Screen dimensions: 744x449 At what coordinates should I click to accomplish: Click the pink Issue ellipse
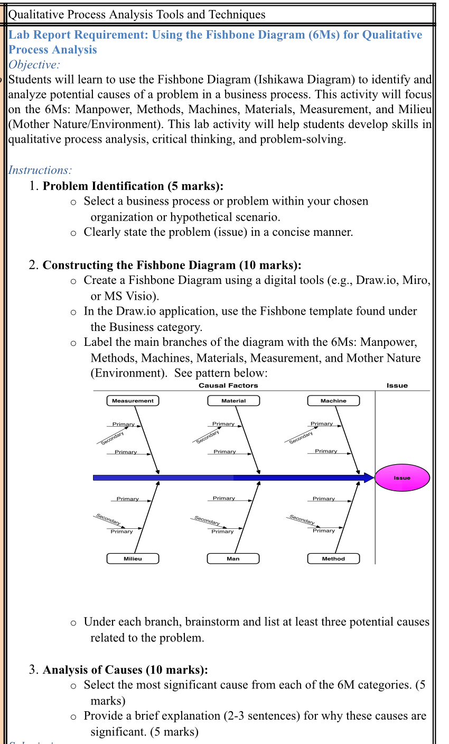(402, 477)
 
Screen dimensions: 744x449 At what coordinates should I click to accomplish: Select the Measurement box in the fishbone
(133, 401)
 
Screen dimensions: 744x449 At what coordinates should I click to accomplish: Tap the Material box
(233, 401)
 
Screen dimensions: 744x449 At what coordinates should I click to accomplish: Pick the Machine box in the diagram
(333, 401)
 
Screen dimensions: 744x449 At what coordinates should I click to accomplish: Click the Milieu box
(133, 558)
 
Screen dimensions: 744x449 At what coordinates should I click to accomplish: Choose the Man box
(233, 558)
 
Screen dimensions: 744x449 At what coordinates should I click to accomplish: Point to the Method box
(333, 558)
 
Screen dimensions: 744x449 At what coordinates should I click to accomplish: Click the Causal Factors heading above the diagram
(228, 385)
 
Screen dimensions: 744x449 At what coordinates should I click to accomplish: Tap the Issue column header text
(397, 385)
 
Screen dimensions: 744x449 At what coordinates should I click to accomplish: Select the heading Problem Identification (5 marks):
(133, 186)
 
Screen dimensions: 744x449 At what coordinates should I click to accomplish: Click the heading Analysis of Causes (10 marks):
(125, 670)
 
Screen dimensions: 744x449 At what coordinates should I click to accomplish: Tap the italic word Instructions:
(40, 170)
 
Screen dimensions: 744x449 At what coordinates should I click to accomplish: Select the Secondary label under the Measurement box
(112, 438)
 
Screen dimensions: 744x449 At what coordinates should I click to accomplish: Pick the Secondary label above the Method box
(302, 519)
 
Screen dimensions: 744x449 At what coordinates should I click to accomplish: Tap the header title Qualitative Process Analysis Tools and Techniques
(137, 14)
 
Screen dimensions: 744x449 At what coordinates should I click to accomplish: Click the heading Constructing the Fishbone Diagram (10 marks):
(172, 265)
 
